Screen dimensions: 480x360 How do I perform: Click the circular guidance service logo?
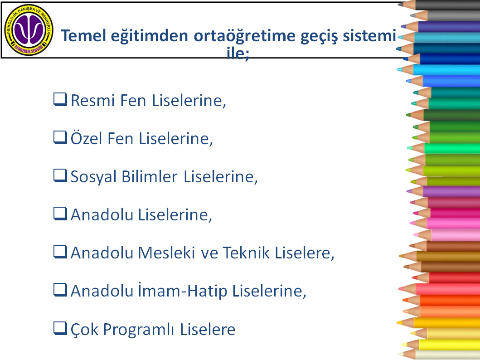pos(29,30)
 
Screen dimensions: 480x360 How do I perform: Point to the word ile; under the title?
pos(238,54)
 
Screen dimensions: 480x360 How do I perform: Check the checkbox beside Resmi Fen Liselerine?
pos(60,99)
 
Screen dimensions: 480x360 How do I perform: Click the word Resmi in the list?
pos(93,100)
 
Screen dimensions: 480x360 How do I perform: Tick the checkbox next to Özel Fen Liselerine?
pos(60,137)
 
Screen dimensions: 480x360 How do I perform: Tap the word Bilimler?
pos(150,176)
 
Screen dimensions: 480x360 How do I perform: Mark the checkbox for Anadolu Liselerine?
pos(60,214)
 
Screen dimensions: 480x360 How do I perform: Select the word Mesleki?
pos(166,253)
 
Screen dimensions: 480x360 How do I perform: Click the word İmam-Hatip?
pos(183,290)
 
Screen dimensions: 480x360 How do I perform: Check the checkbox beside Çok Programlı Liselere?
pos(60,328)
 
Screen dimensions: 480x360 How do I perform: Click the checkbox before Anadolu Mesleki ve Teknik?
pos(60,252)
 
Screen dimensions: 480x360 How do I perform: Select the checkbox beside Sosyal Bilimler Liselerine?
pos(60,176)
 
